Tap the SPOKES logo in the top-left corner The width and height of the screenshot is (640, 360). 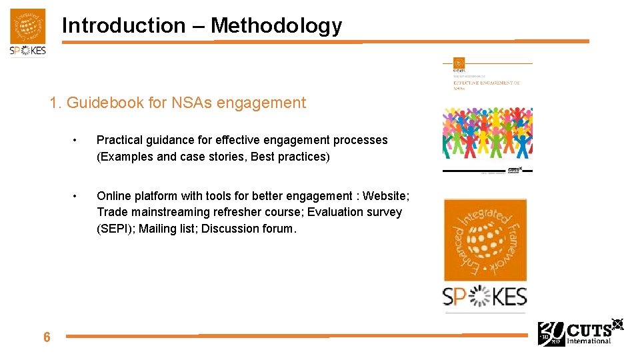[28, 33]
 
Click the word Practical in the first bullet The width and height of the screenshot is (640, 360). [119, 140]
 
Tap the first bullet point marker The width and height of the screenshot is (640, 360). [77, 141]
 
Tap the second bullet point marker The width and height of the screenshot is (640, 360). [77, 196]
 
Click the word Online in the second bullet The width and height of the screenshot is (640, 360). [114, 196]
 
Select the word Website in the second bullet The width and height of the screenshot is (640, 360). [385, 196]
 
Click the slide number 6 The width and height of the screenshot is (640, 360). [47, 337]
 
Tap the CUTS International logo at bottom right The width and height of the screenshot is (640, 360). [580, 333]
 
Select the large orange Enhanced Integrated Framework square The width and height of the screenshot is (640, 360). [485, 240]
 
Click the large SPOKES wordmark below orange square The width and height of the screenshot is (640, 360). [485, 297]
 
